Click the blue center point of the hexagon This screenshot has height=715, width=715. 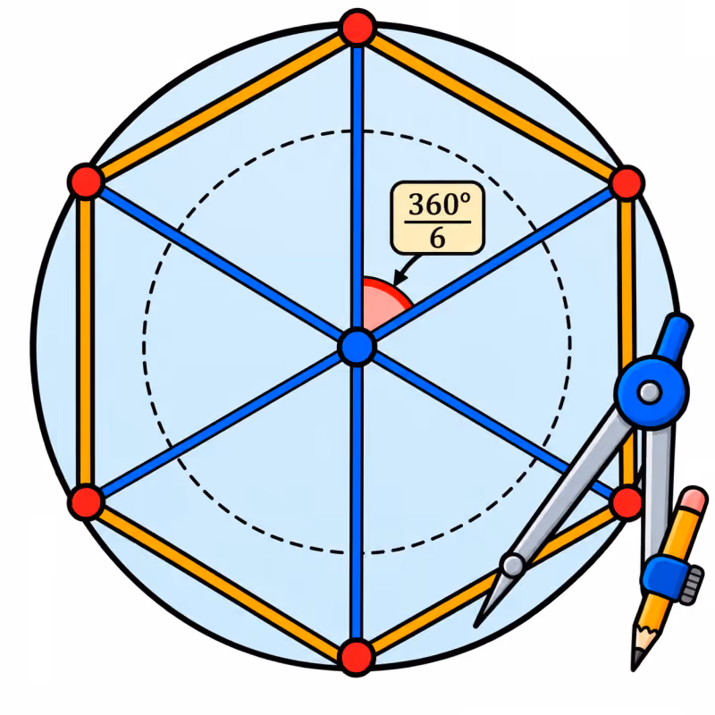click(357, 347)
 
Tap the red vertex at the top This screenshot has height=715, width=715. click(358, 28)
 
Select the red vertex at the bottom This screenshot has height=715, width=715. click(357, 658)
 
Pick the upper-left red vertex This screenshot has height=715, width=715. click(86, 181)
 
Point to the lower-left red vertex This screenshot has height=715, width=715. click(86, 502)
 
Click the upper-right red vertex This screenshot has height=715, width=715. click(627, 183)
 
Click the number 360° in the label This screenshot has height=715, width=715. click(439, 205)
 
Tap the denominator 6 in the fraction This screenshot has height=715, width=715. click(437, 238)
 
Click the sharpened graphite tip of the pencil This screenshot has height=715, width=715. click(635, 661)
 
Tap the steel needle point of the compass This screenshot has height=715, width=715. click(480, 621)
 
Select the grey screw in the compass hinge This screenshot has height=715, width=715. click(650, 392)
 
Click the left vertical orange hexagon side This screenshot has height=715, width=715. click(86, 342)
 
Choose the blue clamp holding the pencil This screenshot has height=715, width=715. click(664, 576)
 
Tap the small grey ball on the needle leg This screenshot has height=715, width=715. click(513, 566)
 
